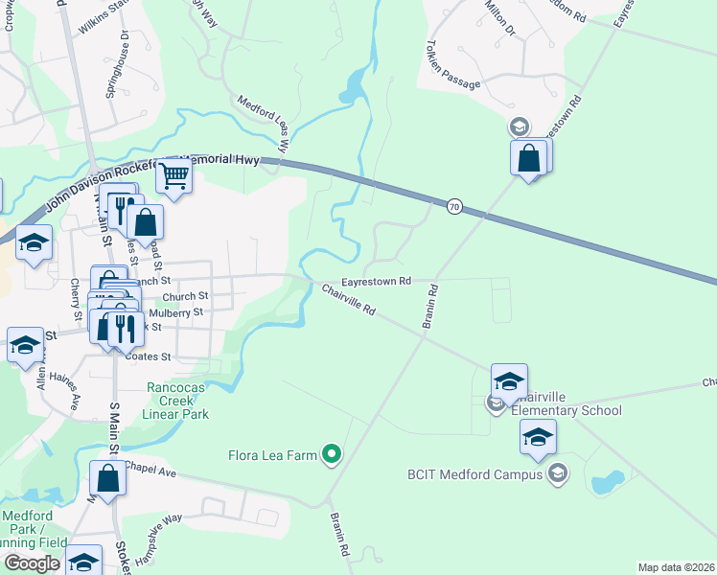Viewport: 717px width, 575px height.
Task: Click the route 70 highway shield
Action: pyautogui.click(x=454, y=205)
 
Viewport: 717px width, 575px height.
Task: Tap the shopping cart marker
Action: pyautogui.click(x=173, y=175)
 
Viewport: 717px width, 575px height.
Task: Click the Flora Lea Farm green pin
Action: pyautogui.click(x=333, y=453)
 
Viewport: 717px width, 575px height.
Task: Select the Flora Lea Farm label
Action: pyautogui.click(x=271, y=455)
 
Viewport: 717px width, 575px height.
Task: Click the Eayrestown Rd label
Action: pyautogui.click(x=380, y=282)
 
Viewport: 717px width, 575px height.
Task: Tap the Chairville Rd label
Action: pyautogui.click(x=348, y=301)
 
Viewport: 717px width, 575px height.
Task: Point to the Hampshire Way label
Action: pyautogui.click(x=160, y=531)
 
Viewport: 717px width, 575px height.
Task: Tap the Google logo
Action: pyautogui.click(x=32, y=563)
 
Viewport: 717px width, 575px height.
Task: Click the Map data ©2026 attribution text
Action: pyautogui.click(x=675, y=567)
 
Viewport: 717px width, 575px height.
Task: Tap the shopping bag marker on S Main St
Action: pyautogui.click(x=108, y=478)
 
